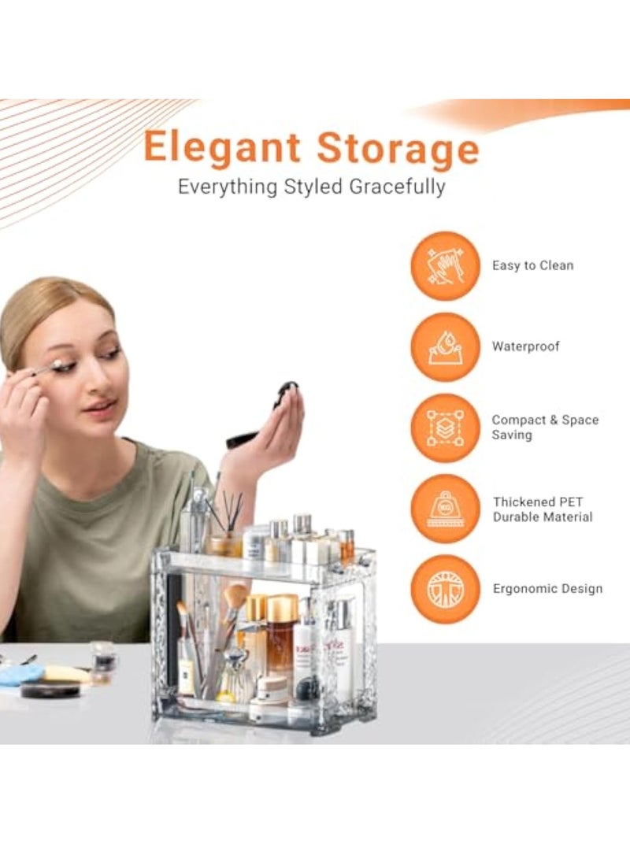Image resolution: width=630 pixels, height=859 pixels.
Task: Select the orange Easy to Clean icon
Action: [445, 266]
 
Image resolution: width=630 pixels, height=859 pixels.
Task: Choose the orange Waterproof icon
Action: [445, 346]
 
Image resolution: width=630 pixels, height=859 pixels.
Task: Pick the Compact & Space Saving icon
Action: [445, 428]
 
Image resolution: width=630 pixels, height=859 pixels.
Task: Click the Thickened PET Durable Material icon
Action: [445, 509]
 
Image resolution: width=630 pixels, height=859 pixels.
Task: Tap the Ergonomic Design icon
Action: [445, 589]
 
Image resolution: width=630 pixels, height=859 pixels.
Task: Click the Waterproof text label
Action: [526, 346]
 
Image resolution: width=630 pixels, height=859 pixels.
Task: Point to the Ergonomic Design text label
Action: [548, 589]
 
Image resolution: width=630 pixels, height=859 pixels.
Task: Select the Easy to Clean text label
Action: [533, 266]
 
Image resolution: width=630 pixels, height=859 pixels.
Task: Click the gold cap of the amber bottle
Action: [282, 607]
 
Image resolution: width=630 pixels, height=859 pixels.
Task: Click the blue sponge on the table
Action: [21, 674]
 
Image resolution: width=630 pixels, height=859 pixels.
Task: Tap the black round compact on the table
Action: [50, 691]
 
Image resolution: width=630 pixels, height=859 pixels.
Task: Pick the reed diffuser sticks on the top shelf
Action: [233, 512]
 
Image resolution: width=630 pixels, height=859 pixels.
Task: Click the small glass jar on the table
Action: [103, 657]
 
